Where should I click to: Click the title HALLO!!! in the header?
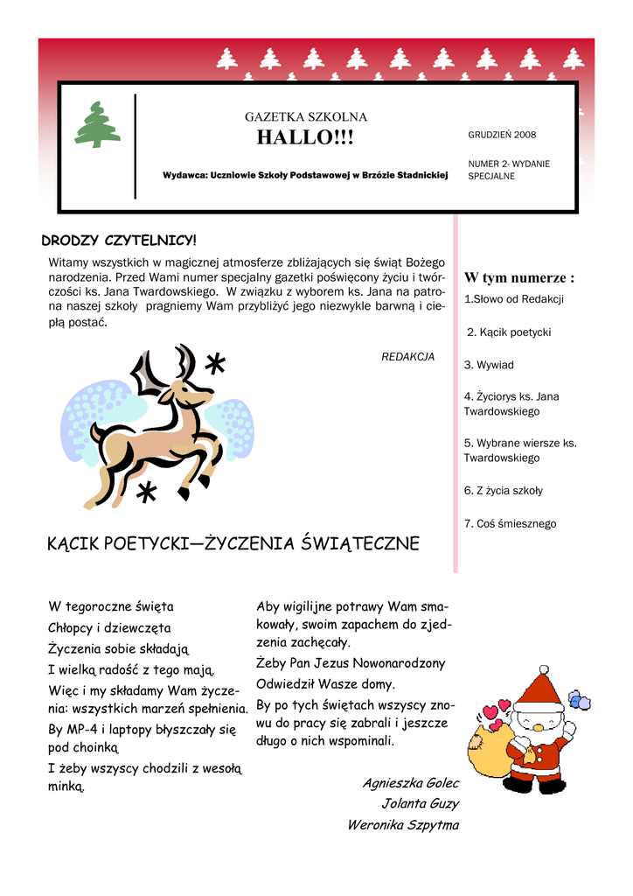pos(305,137)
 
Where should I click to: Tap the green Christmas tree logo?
pos(97,125)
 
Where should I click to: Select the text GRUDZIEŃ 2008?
pos(502,135)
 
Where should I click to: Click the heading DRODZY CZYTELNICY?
pos(120,240)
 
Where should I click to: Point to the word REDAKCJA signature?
pos(407,356)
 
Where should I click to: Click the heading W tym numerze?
pos(518,277)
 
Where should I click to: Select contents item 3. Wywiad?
pos(489,365)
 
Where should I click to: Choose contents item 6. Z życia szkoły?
pos(503,490)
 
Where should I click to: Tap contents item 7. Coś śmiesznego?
pos(510,523)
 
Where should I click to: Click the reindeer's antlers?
pos(166,367)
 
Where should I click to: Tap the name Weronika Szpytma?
pos(402,824)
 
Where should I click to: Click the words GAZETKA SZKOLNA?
pos(305,116)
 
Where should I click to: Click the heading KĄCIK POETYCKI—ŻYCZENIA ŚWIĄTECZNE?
pos(233,544)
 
